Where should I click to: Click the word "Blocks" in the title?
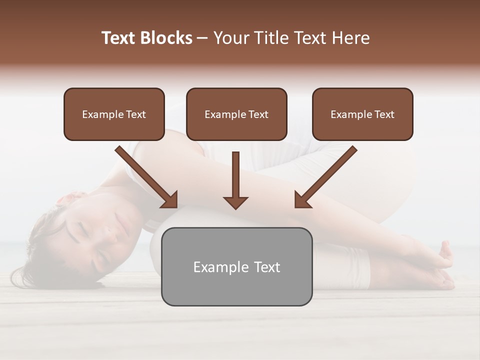(165, 38)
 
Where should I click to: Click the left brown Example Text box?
(114, 114)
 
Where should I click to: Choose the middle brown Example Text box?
(236, 114)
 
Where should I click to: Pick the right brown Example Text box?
(362, 114)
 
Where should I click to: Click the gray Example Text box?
(236, 266)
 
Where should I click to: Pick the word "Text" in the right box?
(384, 114)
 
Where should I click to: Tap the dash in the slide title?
(202, 38)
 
